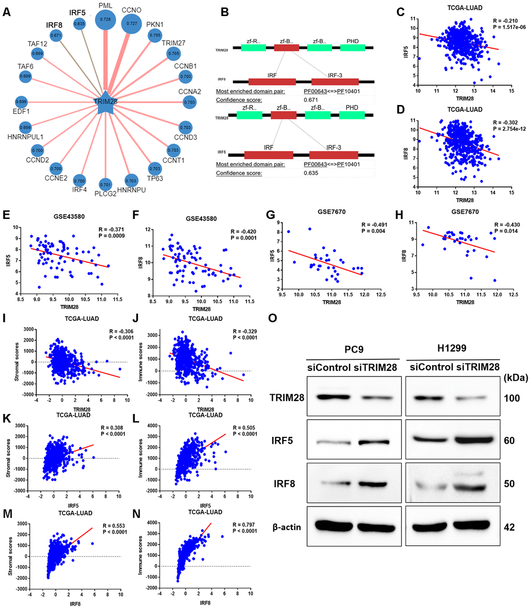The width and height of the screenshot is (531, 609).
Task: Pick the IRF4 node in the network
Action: [79, 180]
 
